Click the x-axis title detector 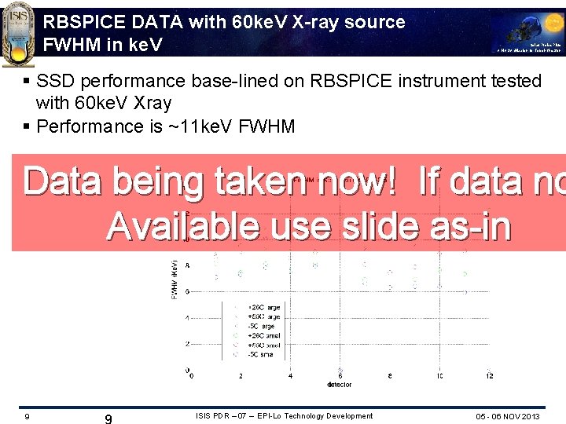[x=340, y=385]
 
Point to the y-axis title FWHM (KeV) [x=174, y=279]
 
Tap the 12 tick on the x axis [x=489, y=376]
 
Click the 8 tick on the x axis [x=390, y=376]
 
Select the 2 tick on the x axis [x=241, y=376]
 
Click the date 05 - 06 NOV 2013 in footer [x=508, y=416]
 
